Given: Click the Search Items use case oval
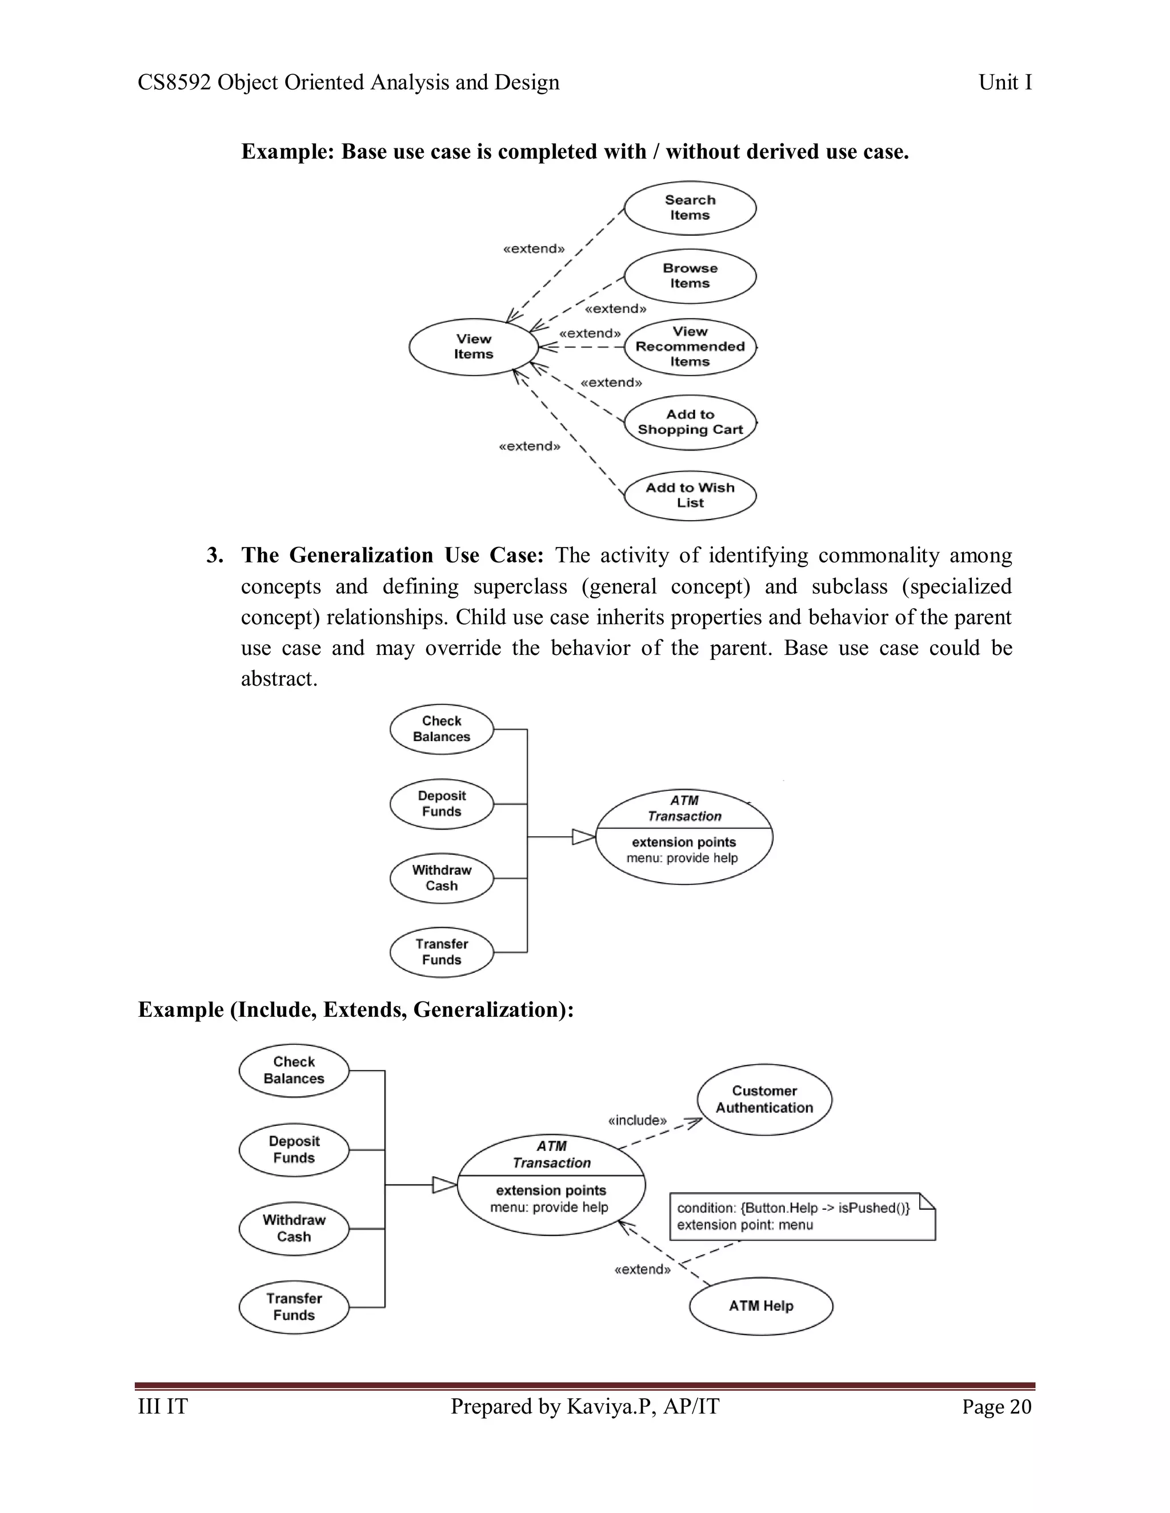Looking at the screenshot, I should pyautogui.click(x=690, y=208).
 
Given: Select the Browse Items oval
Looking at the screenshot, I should pyautogui.click(x=690, y=276).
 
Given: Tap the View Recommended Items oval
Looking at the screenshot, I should pyautogui.click(x=690, y=347).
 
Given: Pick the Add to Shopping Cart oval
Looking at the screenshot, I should pyautogui.click(x=690, y=422).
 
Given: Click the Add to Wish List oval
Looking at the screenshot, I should pyautogui.click(x=690, y=496).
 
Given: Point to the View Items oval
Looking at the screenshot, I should pyautogui.click(x=474, y=347).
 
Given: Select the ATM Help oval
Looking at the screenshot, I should pyautogui.click(x=760, y=1306).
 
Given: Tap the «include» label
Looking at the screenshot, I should pyautogui.click(x=637, y=1120).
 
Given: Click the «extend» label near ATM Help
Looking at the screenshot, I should pyautogui.click(x=643, y=1270).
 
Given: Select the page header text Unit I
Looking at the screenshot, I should pyautogui.click(x=1004, y=82).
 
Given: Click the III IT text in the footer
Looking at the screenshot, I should pyautogui.click(x=163, y=1407).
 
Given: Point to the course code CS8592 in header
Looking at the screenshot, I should pyautogui.click(x=174, y=82).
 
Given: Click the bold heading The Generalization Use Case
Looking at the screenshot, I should pyautogui.click(x=392, y=556).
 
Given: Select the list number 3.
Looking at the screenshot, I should pyautogui.click(x=215, y=556).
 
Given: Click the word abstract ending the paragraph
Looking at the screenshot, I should pyautogui.click(x=278, y=678).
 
